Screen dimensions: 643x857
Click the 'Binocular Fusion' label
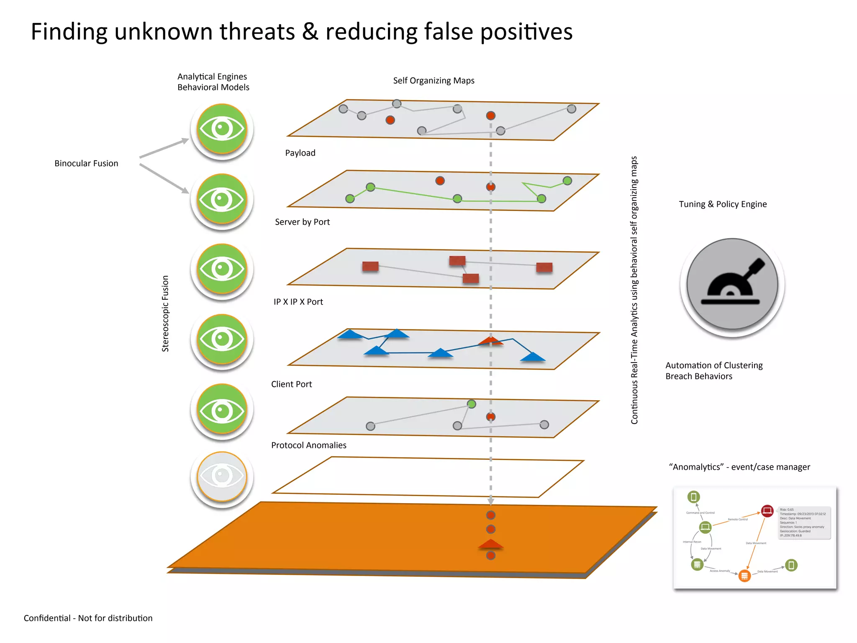(86, 163)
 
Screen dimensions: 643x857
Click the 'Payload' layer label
(300, 153)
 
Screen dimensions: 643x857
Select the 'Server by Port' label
(302, 222)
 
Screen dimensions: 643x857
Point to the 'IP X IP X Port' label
(298, 302)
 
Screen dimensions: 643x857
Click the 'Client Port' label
(291, 384)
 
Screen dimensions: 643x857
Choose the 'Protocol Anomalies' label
(308, 445)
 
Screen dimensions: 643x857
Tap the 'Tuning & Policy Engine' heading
(723, 204)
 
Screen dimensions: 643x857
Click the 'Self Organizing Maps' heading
(434, 80)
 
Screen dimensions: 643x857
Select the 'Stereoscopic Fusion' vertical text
(165, 313)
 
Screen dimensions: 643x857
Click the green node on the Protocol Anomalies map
(472, 404)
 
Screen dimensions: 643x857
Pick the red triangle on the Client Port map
(490, 341)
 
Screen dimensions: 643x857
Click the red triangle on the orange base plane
(490, 544)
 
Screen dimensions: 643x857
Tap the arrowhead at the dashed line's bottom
(491, 501)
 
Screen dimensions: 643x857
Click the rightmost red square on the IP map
(544, 267)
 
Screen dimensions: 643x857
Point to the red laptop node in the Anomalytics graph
(767, 511)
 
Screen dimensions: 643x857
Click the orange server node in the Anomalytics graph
(744, 576)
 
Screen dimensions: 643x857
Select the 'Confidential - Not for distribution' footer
(88, 618)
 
